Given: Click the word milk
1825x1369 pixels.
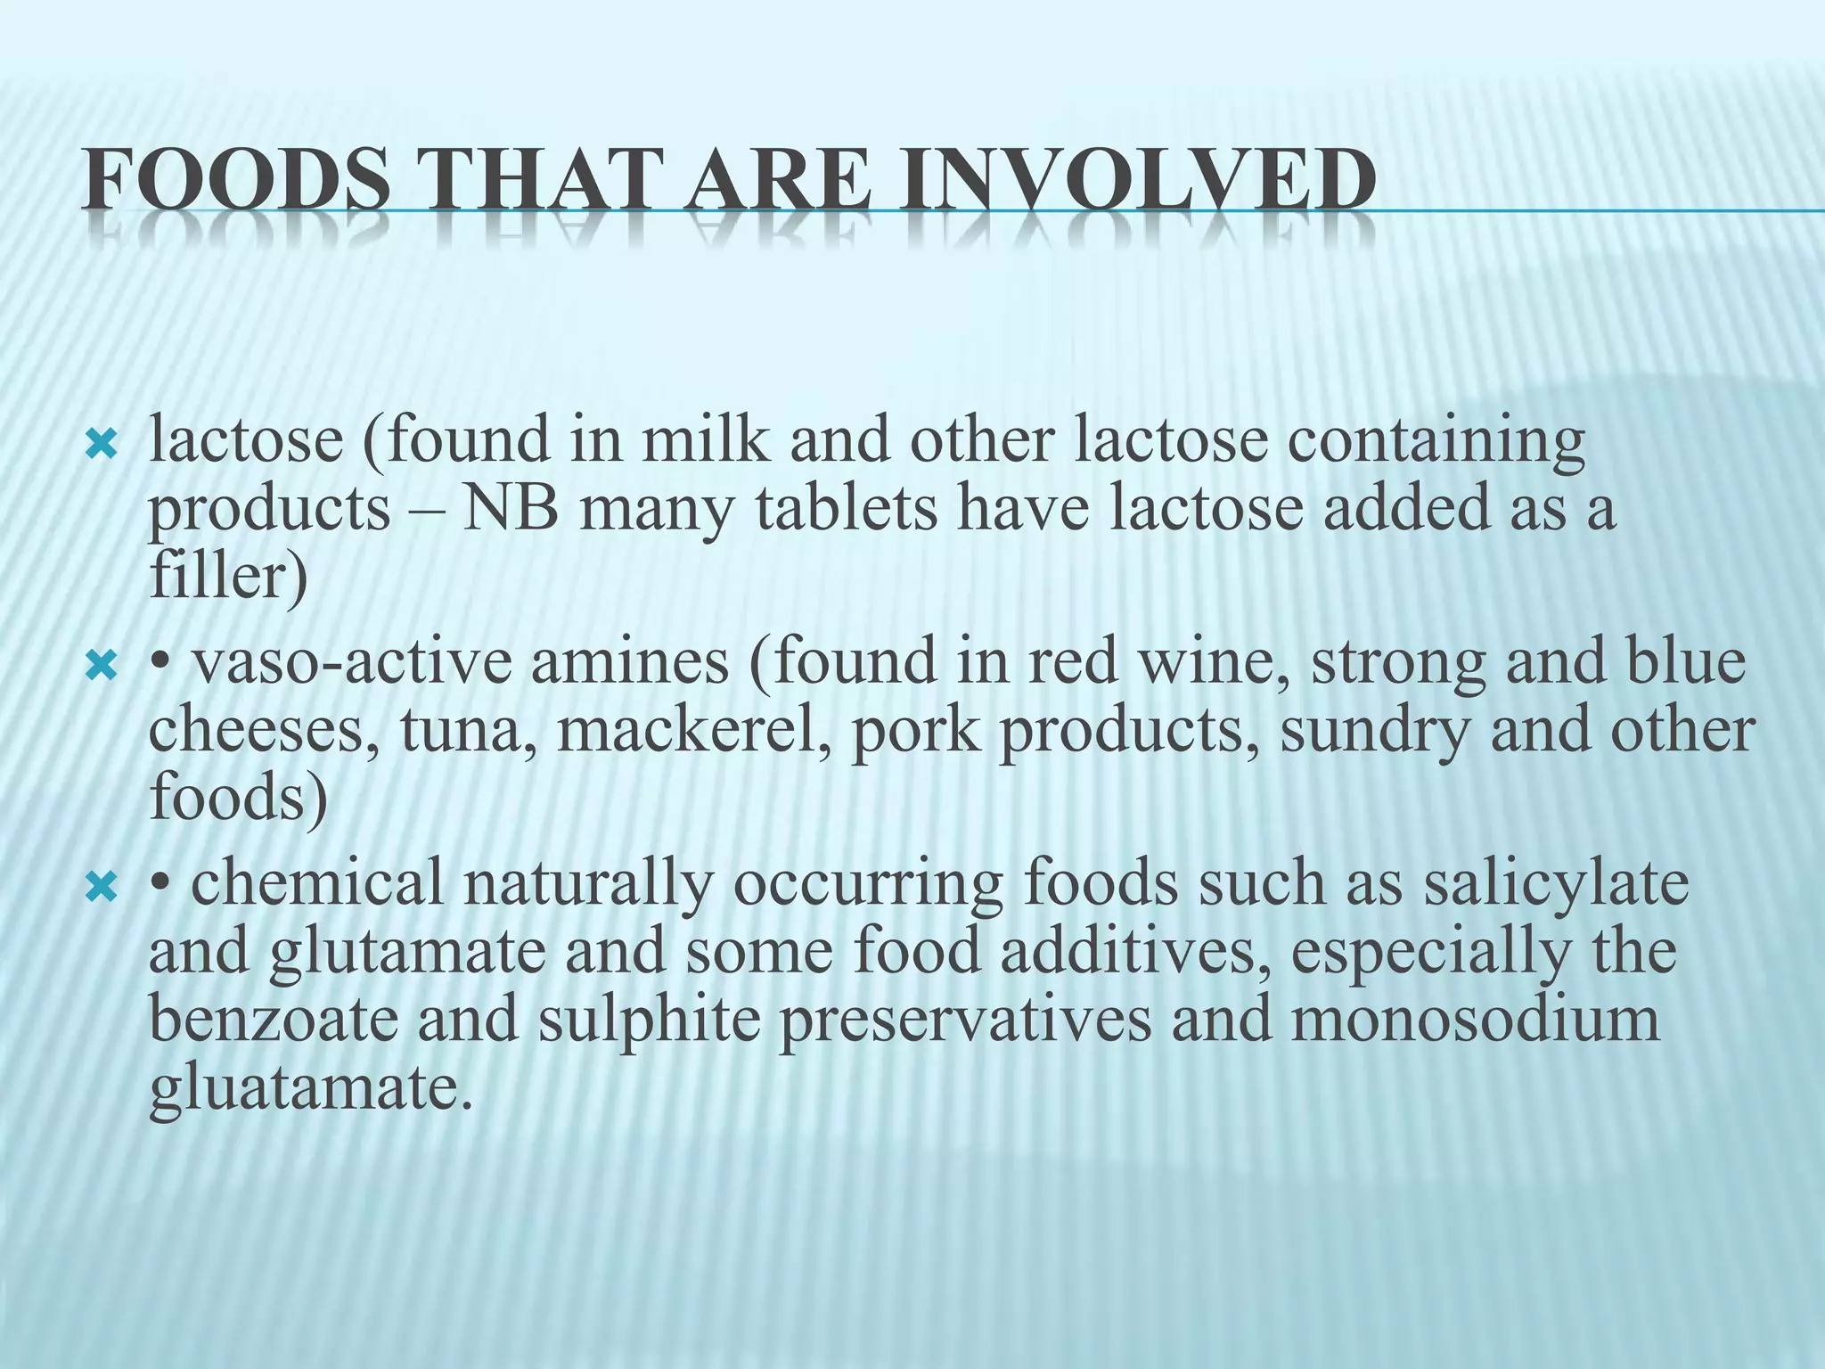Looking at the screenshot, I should (x=705, y=440).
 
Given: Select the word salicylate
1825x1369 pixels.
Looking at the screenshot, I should (x=1554, y=884).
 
